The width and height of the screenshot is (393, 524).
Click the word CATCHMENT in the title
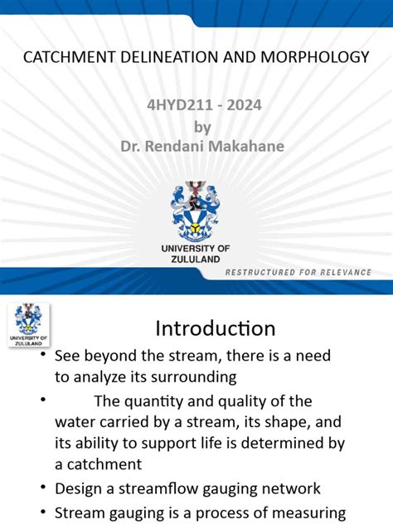click(x=62, y=57)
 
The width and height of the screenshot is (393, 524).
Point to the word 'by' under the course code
click(x=202, y=127)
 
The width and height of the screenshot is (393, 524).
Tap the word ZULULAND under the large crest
click(x=196, y=259)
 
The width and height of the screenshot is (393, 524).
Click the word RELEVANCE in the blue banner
click(x=340, y=273)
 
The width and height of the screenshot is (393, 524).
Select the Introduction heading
click(x=216, y=328)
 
